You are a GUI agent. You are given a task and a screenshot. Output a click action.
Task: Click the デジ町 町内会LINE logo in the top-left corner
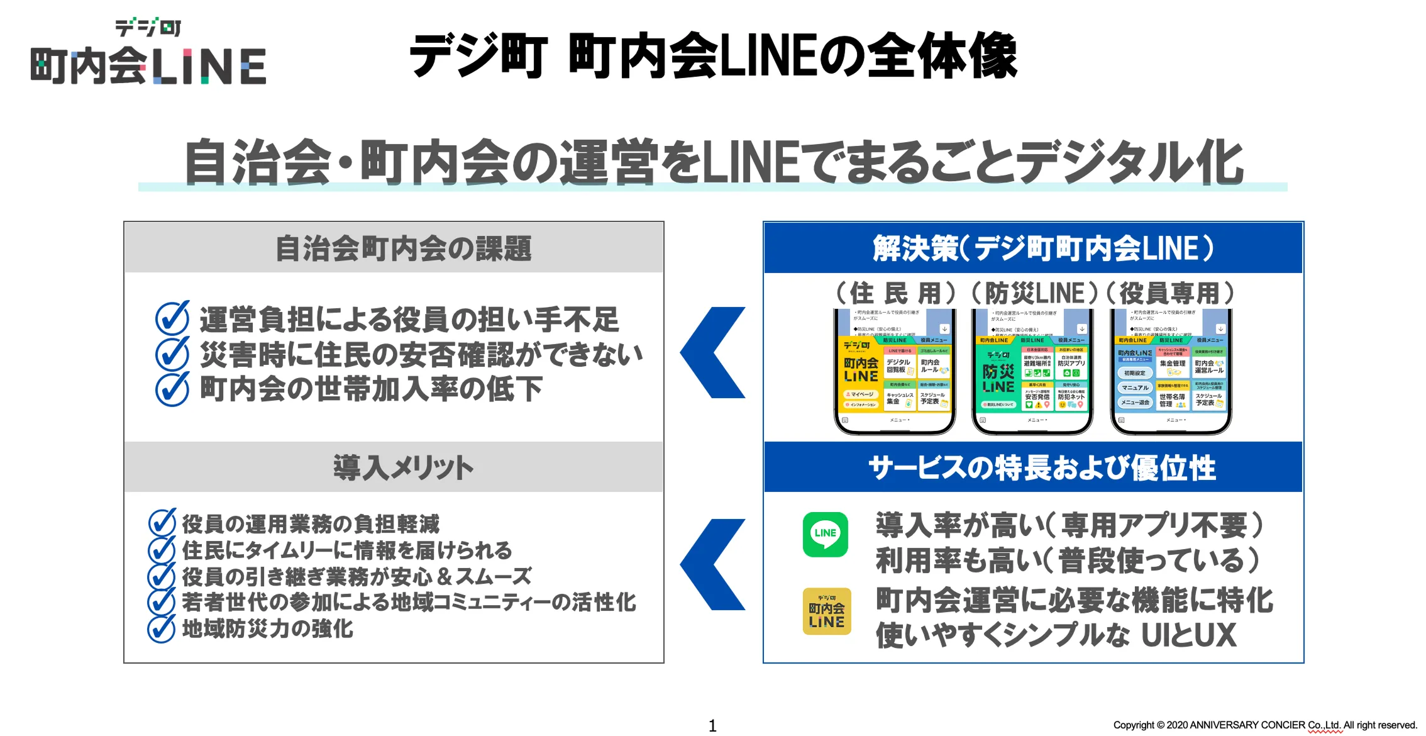click(148, 53)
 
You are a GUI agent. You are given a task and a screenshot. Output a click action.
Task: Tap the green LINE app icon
click(825, 534)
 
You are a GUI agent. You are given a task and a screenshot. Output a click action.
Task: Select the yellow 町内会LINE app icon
click(826, 611)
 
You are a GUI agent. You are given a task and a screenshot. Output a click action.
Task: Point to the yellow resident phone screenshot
click(895, 371)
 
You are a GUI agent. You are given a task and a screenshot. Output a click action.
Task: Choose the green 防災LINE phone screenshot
click(1032, 371)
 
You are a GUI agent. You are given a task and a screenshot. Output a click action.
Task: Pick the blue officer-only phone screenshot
click(1171, 371)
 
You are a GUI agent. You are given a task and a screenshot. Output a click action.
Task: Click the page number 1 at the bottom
click(712, 725)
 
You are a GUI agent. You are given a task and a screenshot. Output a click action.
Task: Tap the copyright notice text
click(1264, 725)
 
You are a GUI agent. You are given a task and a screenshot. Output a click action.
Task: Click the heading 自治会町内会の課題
click(403, 248)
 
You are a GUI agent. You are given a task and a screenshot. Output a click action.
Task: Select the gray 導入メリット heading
click(403, 467)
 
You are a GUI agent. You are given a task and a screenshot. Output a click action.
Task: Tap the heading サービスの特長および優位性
click(1042, 468)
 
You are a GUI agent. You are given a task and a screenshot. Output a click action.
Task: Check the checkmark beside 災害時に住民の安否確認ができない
click(172, 354)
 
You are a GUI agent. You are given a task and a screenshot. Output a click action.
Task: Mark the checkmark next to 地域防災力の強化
click(161, 628)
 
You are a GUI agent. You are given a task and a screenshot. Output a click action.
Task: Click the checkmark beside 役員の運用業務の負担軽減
click(162, 523)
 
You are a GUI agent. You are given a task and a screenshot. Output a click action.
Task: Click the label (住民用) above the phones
click(895, 293)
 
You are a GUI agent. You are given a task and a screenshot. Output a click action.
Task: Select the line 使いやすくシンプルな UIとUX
click(1056, 635)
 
